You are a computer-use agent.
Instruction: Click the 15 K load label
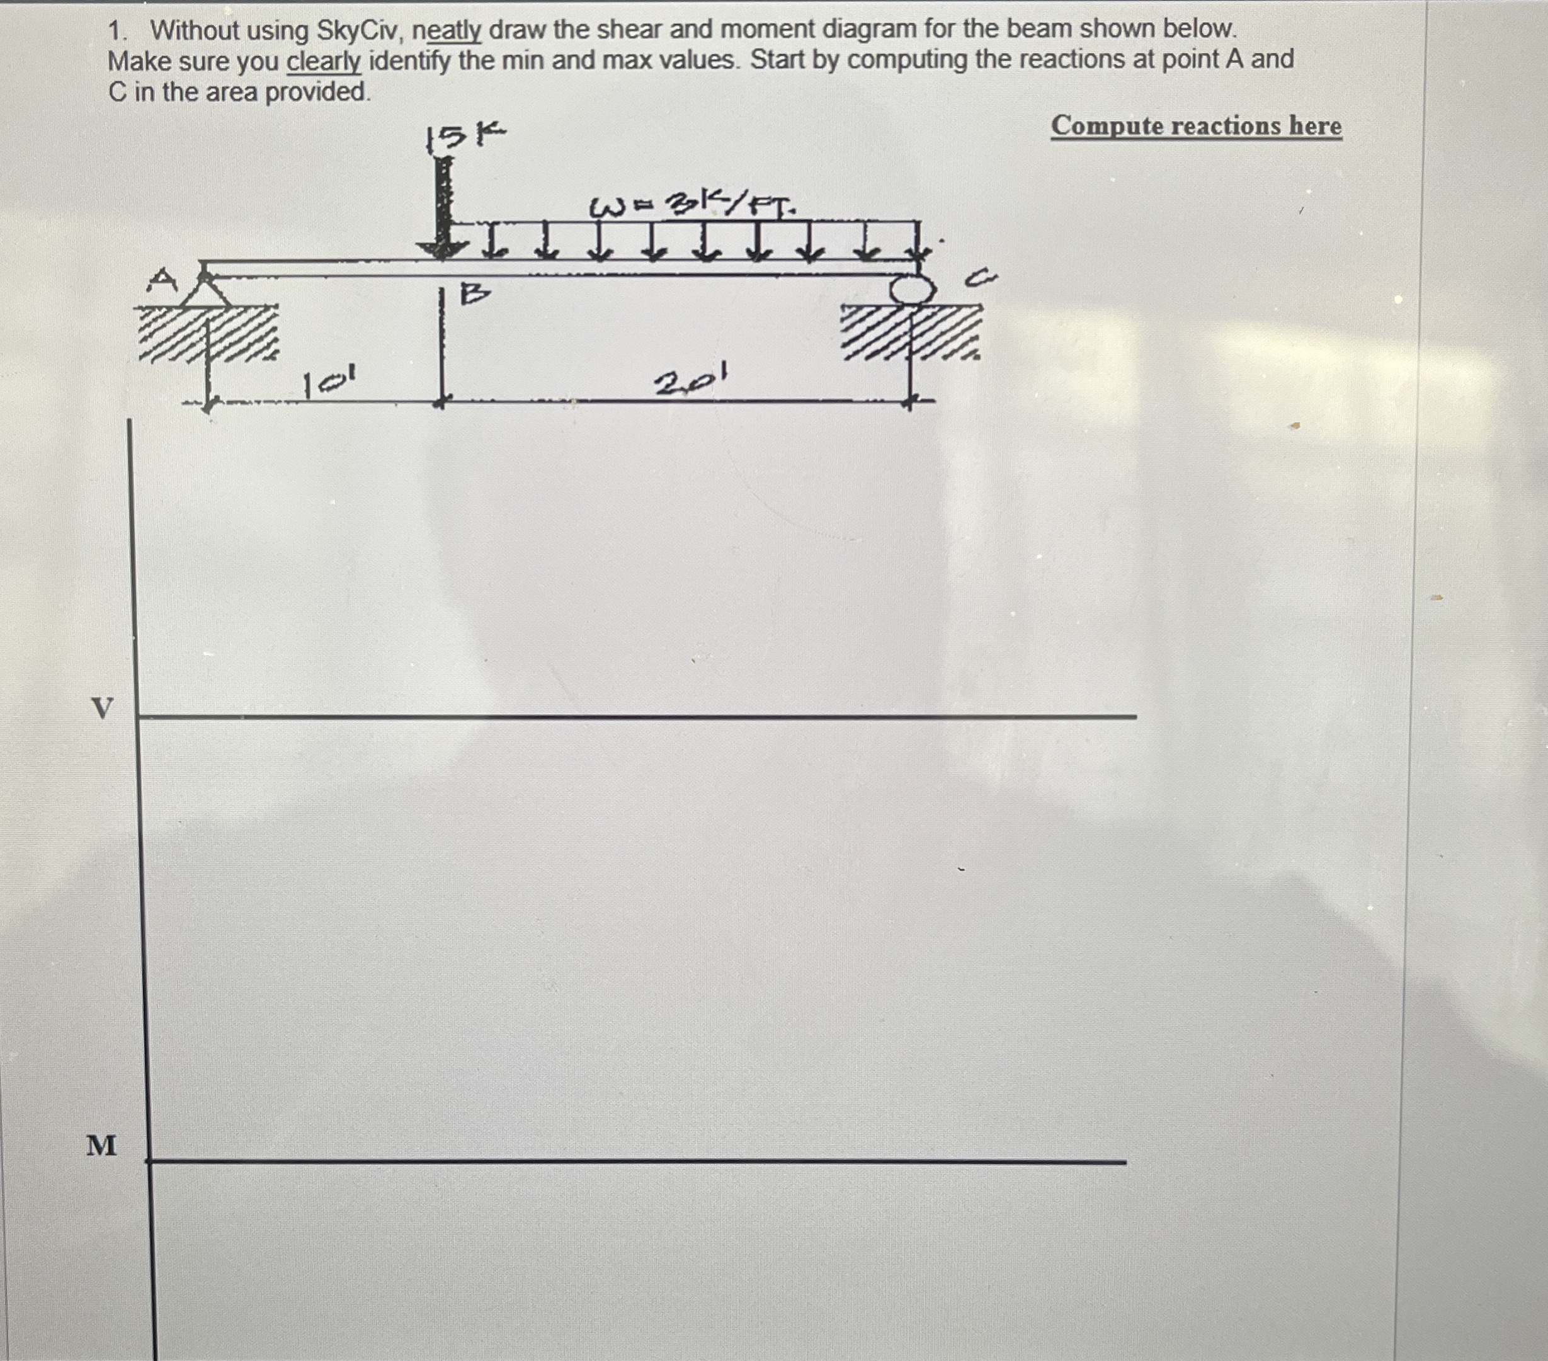[x=465, y=136]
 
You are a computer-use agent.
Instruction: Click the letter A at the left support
[x=162, y=281]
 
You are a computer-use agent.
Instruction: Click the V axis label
[x=102, y=708]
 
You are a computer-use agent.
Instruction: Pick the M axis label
[x=101, y=1145]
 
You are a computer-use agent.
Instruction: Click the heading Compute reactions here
[x=1196, y=126]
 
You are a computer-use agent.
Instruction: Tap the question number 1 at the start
[x=115, y=31]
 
